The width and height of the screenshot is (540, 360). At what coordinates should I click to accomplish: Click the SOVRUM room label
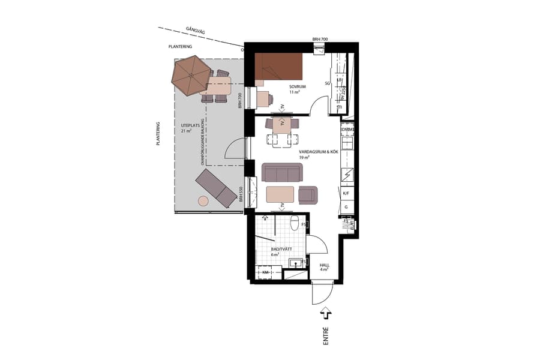[298, 87]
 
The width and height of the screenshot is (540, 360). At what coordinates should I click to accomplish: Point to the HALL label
[324, 265]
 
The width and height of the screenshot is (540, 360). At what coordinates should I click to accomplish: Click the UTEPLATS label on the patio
[190, 126]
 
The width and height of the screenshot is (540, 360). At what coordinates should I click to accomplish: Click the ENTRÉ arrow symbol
[326, 313]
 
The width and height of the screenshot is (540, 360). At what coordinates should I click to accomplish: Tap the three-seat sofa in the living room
[282, 173]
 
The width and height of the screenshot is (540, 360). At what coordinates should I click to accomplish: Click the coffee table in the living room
[280, 194]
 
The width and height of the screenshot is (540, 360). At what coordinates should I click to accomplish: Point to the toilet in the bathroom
[294, 224]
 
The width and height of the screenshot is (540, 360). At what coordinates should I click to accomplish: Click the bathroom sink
[295, 263]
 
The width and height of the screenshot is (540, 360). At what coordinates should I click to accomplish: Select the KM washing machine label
[266, 273]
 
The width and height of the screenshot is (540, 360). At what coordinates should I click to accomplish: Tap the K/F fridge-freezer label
[346, 194]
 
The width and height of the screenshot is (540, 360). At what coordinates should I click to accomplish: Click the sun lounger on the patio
[216, 188]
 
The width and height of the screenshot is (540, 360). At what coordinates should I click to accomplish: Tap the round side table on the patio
[203, 200]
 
